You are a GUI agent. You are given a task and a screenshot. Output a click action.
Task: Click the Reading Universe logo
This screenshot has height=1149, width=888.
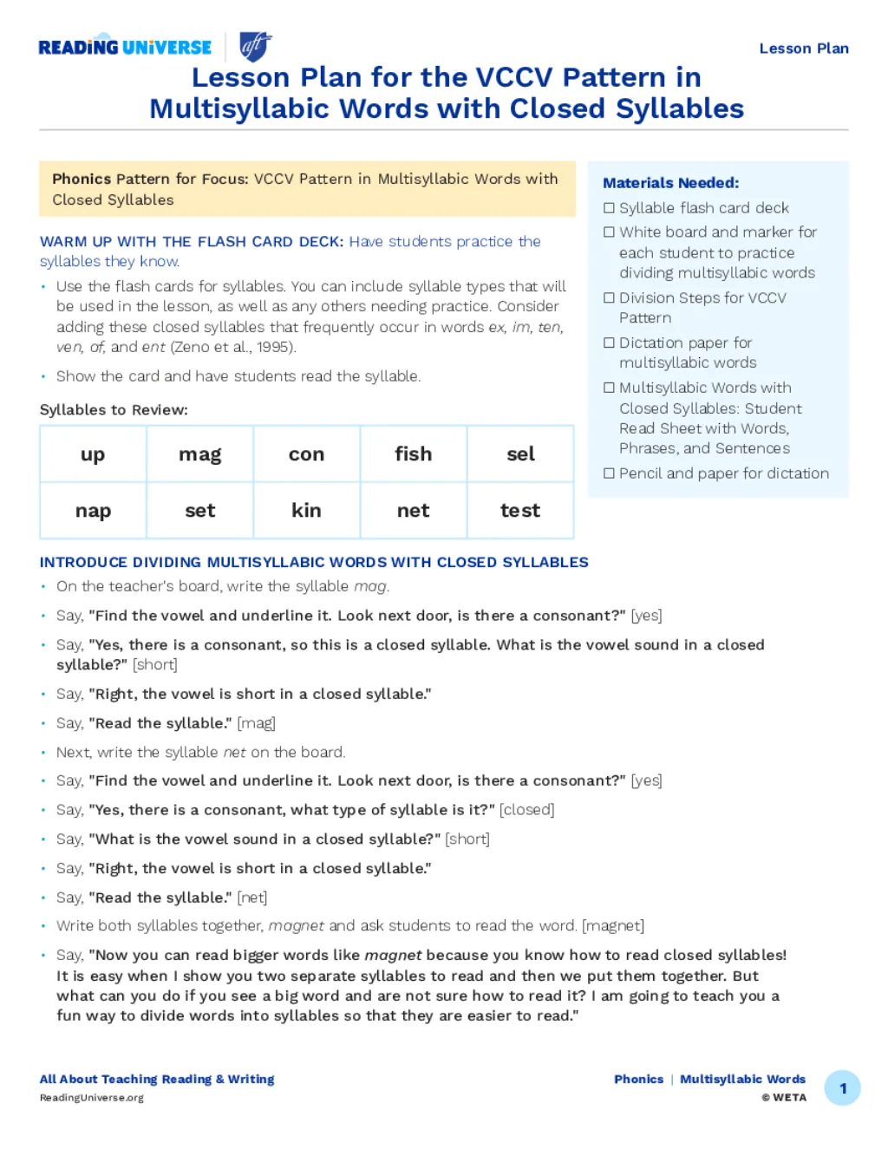point(125,48)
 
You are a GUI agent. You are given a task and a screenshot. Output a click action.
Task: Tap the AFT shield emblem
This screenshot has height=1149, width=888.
point(255,46)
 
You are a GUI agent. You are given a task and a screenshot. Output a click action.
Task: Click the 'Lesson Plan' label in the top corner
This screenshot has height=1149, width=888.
point(803,49)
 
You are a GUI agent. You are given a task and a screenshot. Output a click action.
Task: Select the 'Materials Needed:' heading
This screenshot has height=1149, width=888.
point(670,183)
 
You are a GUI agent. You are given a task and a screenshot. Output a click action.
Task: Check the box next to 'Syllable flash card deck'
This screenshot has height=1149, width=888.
point(609,208)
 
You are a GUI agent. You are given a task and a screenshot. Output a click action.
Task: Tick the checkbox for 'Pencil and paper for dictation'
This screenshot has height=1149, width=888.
point(609,473)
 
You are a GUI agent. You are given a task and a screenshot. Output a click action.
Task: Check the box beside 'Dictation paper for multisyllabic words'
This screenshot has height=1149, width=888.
point(609,343)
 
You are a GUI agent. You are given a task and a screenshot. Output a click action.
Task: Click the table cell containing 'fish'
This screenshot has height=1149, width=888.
point(413,454)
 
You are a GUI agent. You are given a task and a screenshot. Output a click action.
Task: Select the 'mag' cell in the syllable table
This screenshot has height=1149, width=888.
point(199,454)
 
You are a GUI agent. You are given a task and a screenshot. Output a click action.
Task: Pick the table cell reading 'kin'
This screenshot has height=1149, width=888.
point(306,511)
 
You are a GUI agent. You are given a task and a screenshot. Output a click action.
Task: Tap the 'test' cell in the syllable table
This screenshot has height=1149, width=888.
point(520,511)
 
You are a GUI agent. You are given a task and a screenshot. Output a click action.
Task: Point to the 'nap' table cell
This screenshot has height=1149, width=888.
point(93,511)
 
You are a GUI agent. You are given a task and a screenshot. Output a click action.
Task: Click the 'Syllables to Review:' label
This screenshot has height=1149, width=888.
point(114,410)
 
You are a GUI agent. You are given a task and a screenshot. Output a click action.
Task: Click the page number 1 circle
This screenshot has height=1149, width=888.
point(842,1088)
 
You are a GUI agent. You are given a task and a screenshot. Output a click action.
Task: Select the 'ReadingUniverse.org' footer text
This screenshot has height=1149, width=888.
point(92,1098)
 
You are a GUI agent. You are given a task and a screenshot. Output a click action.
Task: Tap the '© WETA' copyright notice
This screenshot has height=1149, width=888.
point(784,1098)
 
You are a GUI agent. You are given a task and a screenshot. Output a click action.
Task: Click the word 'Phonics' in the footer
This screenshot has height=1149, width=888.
point(638,1080)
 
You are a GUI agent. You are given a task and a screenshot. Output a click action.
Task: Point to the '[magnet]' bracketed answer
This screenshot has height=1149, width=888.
point(613,926)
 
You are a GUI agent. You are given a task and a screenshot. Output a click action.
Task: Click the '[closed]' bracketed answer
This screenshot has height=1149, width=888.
point(526,810)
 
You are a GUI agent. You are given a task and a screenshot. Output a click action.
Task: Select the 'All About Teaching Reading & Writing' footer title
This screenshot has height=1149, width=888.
point(157,1080)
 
